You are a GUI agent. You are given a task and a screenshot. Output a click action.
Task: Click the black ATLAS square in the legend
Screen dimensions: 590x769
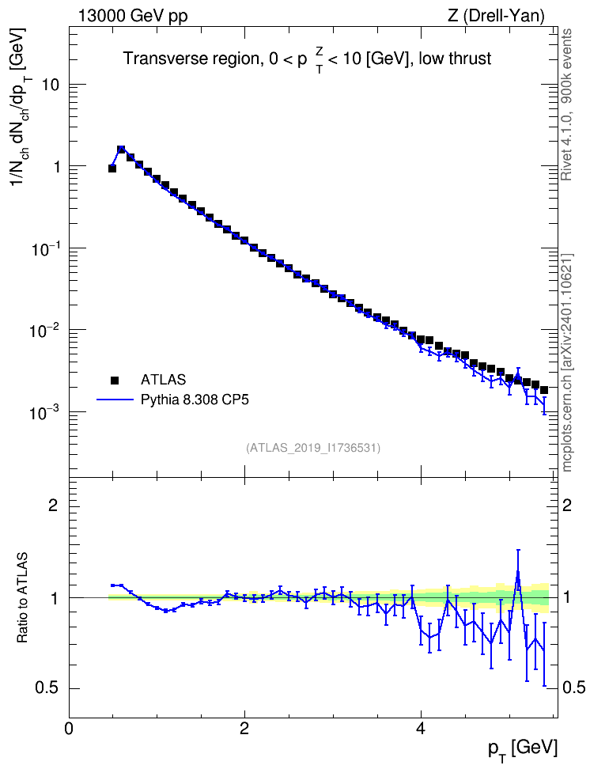coord(115,380)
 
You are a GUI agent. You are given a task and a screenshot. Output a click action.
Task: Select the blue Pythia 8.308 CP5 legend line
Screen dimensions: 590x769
coord(115,400)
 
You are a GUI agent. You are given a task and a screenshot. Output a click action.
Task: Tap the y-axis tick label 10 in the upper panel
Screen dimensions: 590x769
coord(51,85)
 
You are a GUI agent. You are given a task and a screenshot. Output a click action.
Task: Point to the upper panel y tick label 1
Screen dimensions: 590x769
coord(56,167)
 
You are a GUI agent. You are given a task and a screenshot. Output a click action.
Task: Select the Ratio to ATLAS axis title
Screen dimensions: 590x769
coord(23,598)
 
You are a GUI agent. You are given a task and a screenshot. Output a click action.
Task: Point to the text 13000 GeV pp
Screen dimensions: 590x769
coord(133,16)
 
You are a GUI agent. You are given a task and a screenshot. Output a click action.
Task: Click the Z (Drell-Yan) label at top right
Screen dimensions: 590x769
coord(497,16)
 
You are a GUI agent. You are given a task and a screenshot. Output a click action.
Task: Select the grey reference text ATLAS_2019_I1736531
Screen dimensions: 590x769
coord(313,447)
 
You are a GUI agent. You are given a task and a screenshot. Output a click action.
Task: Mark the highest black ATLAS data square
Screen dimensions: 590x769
coord(121,149)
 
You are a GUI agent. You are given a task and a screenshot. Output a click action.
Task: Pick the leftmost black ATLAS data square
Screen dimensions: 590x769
coord(112,169)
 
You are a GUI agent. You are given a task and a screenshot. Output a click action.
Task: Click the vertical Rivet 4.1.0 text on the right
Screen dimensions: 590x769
coord(566,104)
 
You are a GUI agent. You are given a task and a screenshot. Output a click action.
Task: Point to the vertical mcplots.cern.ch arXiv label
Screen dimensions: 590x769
coord(566,362)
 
